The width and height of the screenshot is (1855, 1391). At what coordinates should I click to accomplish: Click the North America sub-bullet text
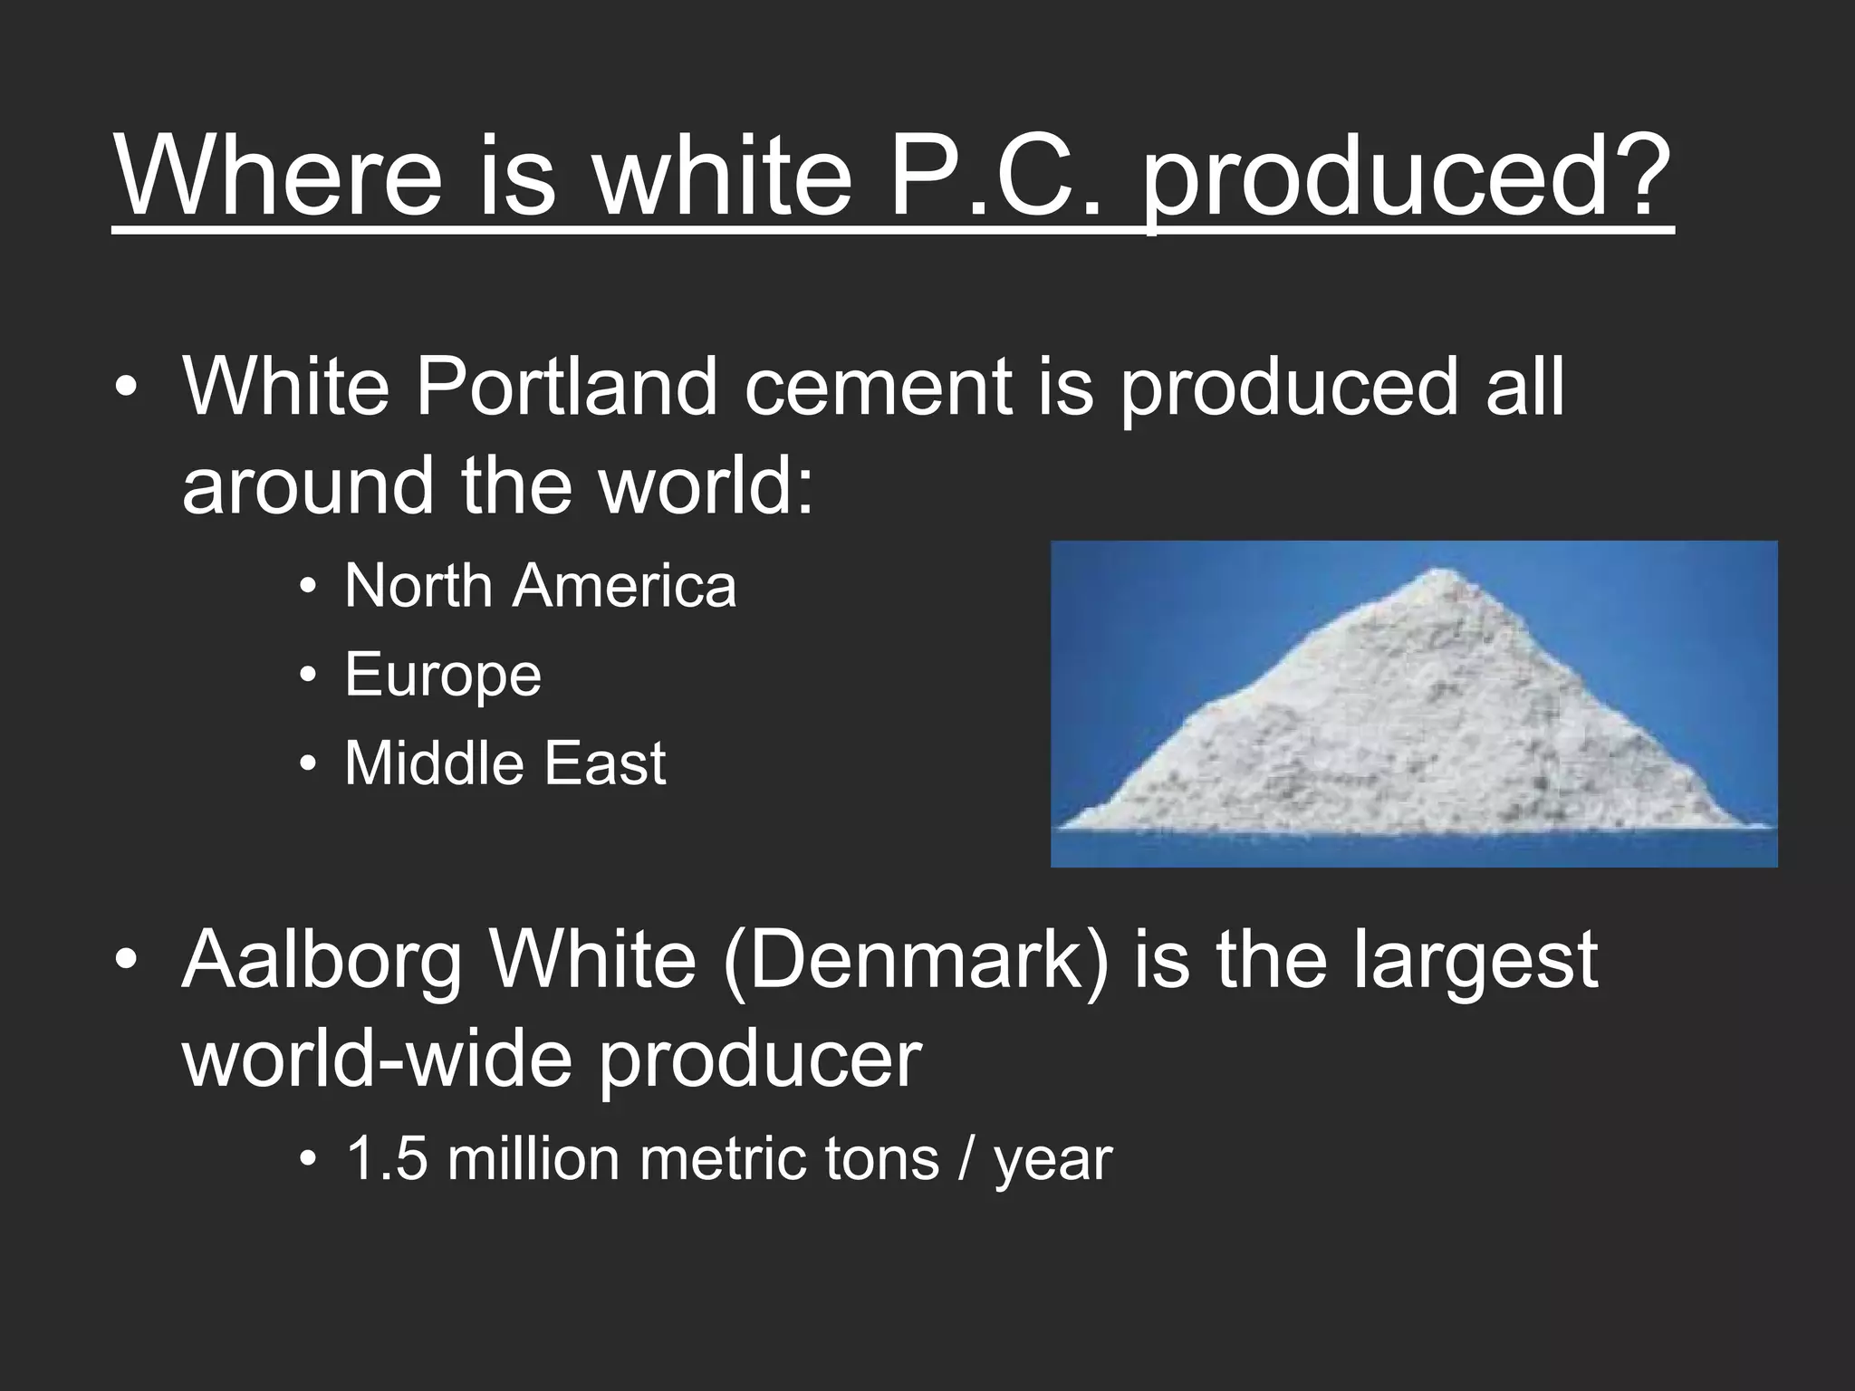[540, 586]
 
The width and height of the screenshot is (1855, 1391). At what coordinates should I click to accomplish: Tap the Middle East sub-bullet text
[505, 763]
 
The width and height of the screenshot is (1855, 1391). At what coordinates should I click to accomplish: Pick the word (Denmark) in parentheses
[917, 962]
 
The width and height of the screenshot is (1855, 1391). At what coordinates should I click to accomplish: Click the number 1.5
[386, 1158]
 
